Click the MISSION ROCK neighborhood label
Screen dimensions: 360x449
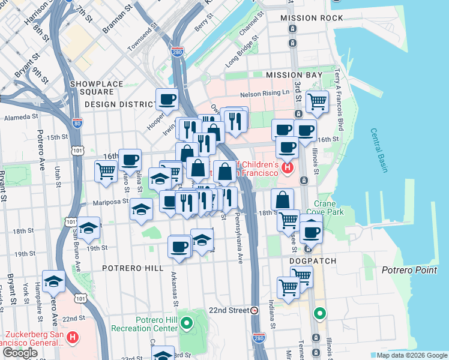pyautogui.click(x=312, y=18)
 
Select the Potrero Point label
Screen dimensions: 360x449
pyautogui.click(x=409, y=270)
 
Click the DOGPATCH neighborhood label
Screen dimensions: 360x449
pyautogui.click(x=313, y=261)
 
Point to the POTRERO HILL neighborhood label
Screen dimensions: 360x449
pyautogui.click(x=133, y=268)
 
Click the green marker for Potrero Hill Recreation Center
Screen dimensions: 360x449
pyautogui.click(x=187, y=325)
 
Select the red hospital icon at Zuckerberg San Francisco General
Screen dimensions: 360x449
pyautogui.click(x=73, y=338)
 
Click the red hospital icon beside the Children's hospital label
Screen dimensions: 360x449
pyautogui.click(x=287, y=167)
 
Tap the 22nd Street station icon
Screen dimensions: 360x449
pyautogui.click(x=254, y=310)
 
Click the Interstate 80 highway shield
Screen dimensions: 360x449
pyautogui.click(x=77, y=124)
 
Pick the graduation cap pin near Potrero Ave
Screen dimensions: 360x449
pyautogui.click(x=53, y=281)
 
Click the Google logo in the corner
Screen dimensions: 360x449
pyautogui.click(x=20, y=353)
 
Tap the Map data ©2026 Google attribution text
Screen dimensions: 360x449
pyautogui.click(x=411, y=355)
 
